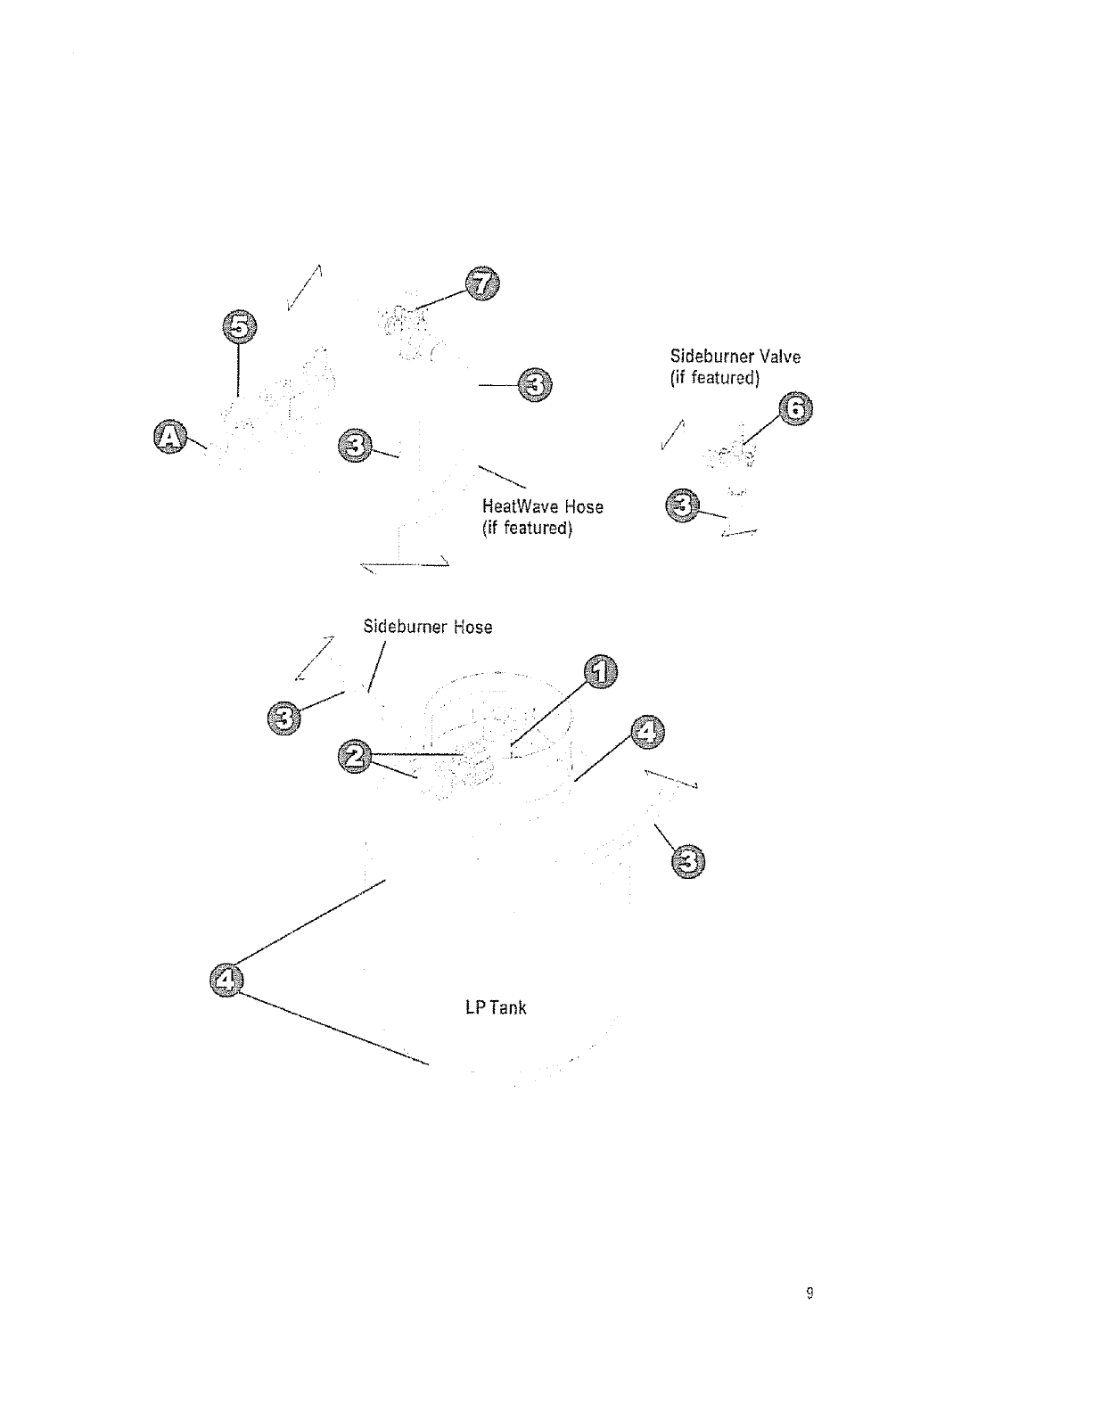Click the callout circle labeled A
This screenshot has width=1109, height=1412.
click(x=169, y=436)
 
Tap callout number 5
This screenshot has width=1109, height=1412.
click(x=237, y=327)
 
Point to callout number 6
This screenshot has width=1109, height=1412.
click(x=795, y=410)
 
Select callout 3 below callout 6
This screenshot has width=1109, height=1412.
click(x=682, y=507)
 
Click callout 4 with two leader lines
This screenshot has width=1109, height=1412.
click(x=226, y=980)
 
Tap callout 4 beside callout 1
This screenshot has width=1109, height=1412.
click(x=647, y=732)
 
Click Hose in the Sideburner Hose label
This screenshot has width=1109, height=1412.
click(x=472, y=628)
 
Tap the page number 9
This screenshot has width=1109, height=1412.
click(x=809, y=1293)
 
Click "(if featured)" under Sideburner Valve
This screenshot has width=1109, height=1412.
click(x=714, y=378)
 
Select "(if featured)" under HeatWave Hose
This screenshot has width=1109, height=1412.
click(x=526, y=528)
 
